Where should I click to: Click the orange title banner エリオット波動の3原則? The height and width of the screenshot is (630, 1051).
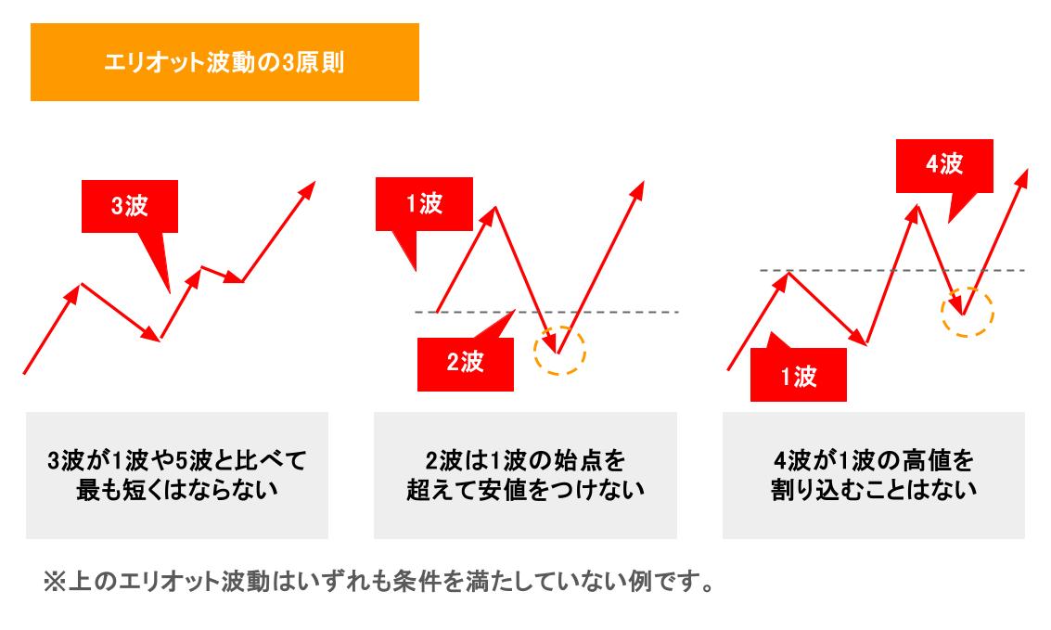(224, 62)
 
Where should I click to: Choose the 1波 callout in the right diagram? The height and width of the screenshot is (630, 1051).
(798, 376)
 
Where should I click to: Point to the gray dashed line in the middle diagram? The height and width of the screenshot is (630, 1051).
(612, 312)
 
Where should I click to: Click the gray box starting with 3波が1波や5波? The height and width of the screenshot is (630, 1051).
(176, 474)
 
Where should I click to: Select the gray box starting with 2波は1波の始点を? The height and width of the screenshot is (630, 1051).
(525, 474)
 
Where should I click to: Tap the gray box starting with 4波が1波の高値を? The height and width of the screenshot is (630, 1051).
(873, 474)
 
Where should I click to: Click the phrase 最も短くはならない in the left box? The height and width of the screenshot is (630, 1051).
(176, 489)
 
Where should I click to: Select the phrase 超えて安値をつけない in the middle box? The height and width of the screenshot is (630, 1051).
(525, 489)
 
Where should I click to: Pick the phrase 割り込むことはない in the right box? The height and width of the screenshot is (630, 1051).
(873, 489)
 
